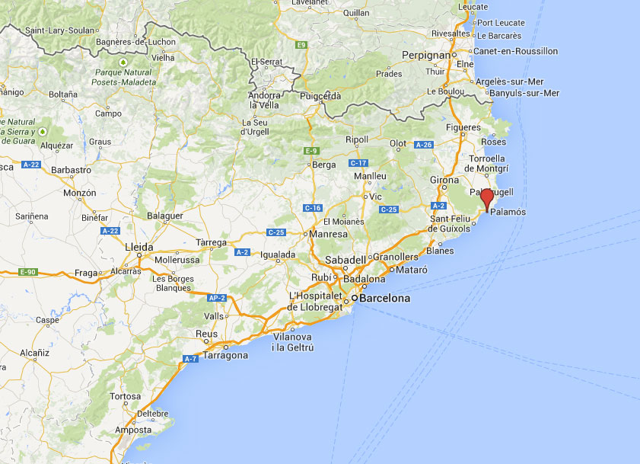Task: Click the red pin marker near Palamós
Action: click(487, 198)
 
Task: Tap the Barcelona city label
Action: click(384, 299)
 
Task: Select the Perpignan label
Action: click(426, 56)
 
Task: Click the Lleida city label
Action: click(139, 248)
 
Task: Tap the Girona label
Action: click(444, 180)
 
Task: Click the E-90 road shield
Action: click(28, 272)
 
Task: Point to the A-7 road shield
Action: click(189, 359)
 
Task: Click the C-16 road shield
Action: click(313, 208)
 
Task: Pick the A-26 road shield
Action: click(424, 145)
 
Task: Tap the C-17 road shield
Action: click(358, 163)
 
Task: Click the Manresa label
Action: click(330, 234)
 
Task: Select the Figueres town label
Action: click(463, 127)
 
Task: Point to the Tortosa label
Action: click(126, 396)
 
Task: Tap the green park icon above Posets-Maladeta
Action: click(123, 61)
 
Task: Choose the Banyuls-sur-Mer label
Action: click(525, 93)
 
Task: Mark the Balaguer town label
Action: click(164, 216)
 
